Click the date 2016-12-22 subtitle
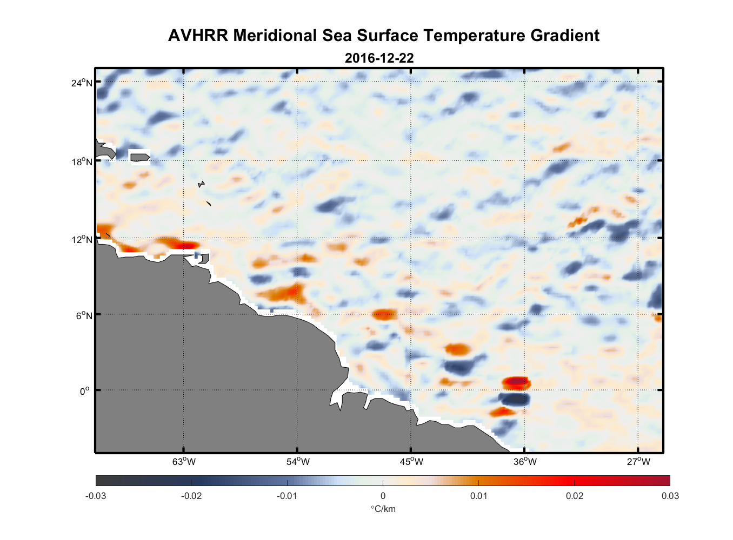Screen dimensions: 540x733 pyautogui.click(x=379, y=58)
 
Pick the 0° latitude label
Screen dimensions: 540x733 pyautogui.click(x=85, y=391)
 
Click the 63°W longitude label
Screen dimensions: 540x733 pyautogui.click(x=184, y=462)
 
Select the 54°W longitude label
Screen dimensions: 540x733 pyautogui.click(x=298, y=462)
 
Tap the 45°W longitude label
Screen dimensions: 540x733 pyautogui.click(x=411, y=462)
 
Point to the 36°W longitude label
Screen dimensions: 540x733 pyautogui.click(x=525, y=462)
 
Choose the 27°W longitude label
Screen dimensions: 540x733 pyautogui.click(x=638, y=462)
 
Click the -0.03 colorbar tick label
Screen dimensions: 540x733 pyautogui.click(x=96, y=496)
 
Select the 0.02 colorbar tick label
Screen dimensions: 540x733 pyautogui.click(x=574, y=496)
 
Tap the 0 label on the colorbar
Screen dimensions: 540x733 pyautogui.click(x=383, y=496)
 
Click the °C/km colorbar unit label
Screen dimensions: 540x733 pyautogui.click(x=383, y=509)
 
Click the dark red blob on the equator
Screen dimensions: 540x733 pyautogui.click(x=516, y=383)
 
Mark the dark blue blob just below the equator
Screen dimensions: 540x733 pyautogui.click(x=514, y=400)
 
